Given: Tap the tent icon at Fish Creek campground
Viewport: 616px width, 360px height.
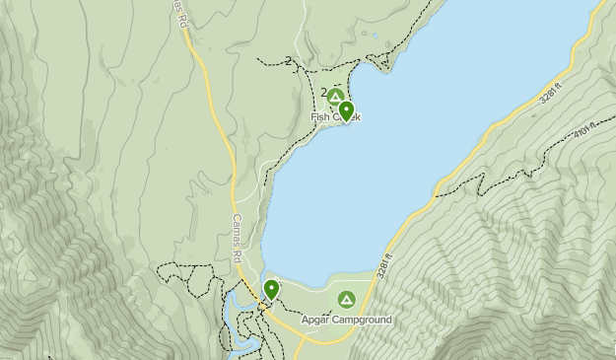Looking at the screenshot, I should [335, 98].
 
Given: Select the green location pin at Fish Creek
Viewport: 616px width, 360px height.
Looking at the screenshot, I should [346, 110].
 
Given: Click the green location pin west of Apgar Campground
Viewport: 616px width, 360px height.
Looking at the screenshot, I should [271, 289].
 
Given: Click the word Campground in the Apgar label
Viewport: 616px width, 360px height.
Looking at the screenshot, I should [363, 321].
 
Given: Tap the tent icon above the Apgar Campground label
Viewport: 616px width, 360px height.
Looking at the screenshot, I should [346, 299].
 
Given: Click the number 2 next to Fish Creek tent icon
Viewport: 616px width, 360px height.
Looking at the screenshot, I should [323, 92].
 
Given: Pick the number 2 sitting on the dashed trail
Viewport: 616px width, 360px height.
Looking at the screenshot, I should [289, 61].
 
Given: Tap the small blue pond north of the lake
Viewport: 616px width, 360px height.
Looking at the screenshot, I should [374, 37].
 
